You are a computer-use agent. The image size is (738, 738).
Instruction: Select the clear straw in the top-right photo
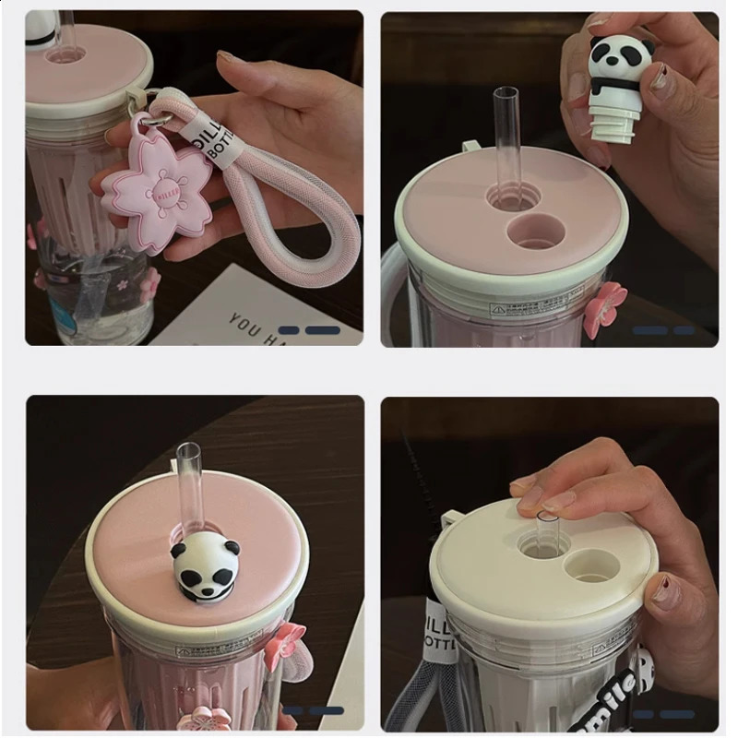coord(506,138)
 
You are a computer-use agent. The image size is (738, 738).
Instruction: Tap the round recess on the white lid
coord(591,565)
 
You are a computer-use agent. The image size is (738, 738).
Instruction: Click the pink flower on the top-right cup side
coord(604,308)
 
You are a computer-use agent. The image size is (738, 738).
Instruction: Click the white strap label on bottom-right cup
coord(440,632)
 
